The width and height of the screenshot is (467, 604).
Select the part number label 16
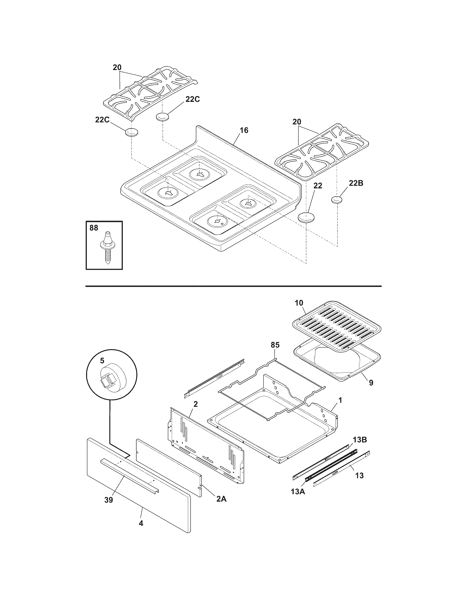click(244, 130)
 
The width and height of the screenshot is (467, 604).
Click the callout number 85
click(275, 345)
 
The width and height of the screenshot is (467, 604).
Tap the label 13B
click(360, 440)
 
